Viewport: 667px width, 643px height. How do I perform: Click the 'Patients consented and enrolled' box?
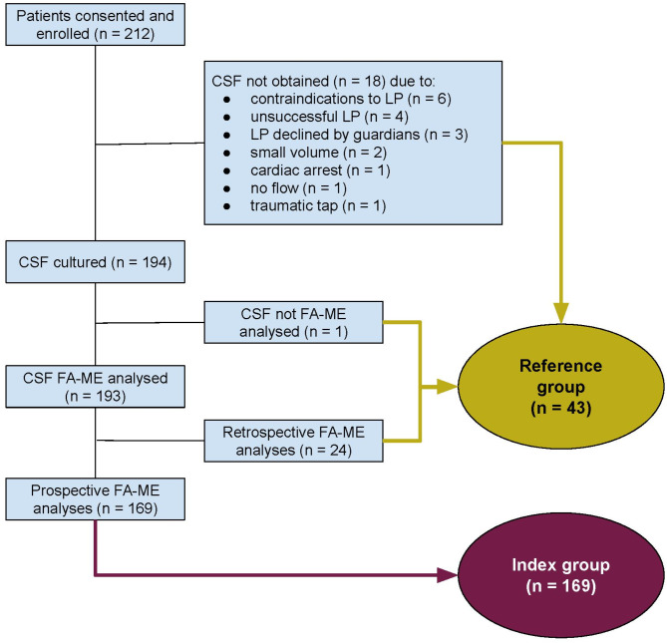[x=96, y=24]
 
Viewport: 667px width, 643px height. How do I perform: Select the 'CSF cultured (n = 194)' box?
[x=96, y=262]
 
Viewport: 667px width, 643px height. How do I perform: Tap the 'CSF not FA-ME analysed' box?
[x=293, y=322]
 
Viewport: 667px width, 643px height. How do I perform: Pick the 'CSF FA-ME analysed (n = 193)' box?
[x=96, y=387]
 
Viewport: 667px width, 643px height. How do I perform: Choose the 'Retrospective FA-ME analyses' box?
[x=293, y=441]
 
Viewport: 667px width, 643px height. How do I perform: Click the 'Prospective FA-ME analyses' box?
[x=96, y=498]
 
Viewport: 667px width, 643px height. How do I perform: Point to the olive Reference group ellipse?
[x=560, y=387]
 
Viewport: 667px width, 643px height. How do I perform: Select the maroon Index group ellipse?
[x=560, y=575]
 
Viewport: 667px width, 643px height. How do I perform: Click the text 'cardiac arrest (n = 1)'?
[x=320, y=170]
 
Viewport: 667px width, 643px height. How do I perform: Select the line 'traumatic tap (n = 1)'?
[x=318, y=205]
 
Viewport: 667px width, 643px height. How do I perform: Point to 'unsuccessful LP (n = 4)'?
[x=329, y=117]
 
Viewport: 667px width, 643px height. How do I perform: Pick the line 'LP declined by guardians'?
[x=335, y=135]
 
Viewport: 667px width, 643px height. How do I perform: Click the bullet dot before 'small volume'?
[x=226, y=153]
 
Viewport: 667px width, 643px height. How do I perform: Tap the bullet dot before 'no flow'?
[x=226, y=188]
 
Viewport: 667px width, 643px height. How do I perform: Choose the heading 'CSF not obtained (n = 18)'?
[x=299, y=81]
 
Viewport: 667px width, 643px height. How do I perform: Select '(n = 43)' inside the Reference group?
[x=560, y=408]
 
